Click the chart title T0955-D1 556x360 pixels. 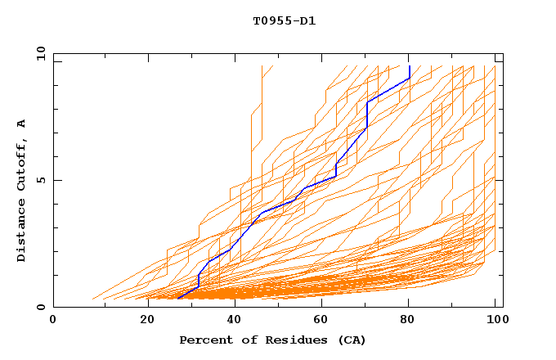click(x=284, y=21)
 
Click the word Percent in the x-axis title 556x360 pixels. click(x=204, y=340)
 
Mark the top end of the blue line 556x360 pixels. click(x=409, y=66)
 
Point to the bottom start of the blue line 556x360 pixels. click(x=177, y=299)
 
